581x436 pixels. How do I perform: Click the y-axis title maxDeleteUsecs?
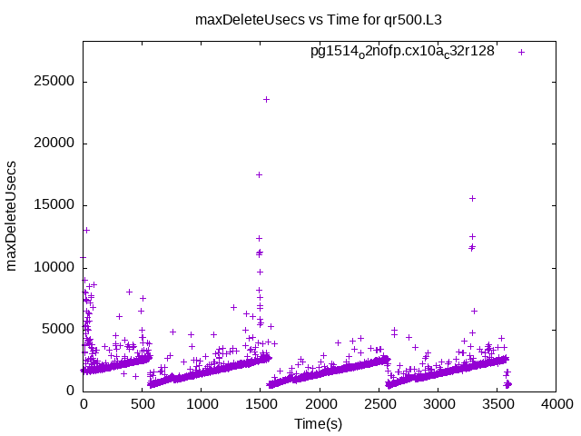pyautogui.click(x=13, y=216)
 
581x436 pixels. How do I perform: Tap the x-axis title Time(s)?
pyautogui.click(x=318, y=423)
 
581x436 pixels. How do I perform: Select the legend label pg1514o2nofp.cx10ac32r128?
pyautogui.click(x=402, y=52)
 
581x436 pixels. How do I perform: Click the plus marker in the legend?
pyautogui.click(x=521, y=52)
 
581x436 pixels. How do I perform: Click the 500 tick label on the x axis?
pyautogui.click(x=143, y=405)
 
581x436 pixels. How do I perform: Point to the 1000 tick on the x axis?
pyautogui.click(x=202, y=405)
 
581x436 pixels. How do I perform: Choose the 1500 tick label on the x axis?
pyautogui.click(x=261, y=405)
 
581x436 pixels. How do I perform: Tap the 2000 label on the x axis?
pyautogui.click(x=320, y=405)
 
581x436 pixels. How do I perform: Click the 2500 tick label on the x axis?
pyautogui.click(x=379, y=405)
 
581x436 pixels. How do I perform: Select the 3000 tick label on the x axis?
pyautogui.click(x=438, y=405)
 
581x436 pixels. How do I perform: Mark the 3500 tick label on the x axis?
pyautogui.click(x=497, y=405)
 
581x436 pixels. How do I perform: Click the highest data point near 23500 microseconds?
pyautogui.click(x=266, y=99)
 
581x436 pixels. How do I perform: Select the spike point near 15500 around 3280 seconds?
pyautogui.click(x=472, y=198)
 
